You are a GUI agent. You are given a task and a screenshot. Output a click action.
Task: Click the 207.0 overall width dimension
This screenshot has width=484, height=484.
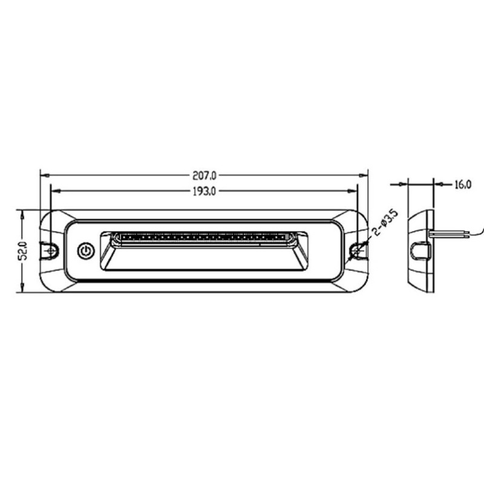click(204, 175)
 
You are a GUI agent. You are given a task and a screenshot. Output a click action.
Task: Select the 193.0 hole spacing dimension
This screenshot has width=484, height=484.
click(204, 191)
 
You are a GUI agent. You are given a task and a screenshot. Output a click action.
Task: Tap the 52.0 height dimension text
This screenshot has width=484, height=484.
click(23, 250)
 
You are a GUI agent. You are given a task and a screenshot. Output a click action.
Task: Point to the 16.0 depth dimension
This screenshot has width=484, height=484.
click(463, 185)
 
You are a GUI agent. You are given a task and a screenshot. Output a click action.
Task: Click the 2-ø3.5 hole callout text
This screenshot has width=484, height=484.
click(386, 223)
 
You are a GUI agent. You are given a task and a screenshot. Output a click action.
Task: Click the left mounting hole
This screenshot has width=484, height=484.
click(51, 251)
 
